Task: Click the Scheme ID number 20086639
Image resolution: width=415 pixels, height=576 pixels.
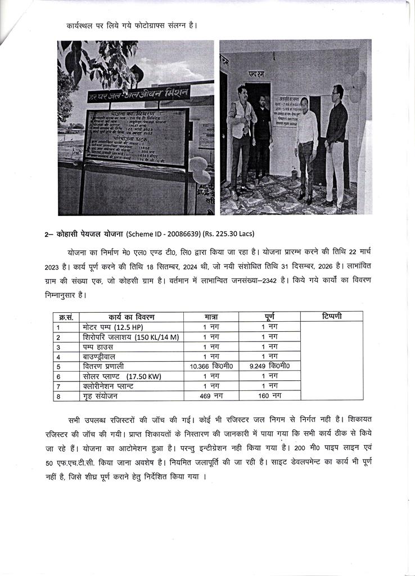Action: (186, 233)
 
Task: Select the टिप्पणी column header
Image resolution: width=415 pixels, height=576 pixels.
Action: (331, 316)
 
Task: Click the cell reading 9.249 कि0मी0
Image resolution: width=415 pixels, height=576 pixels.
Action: (269, 366)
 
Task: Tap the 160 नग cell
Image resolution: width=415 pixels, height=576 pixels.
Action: (269, 396)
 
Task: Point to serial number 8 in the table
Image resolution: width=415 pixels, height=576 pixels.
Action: (58, 396)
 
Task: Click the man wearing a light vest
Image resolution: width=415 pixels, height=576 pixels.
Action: (240, 141)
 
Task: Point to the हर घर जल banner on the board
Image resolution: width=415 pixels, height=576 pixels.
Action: (138, 94)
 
